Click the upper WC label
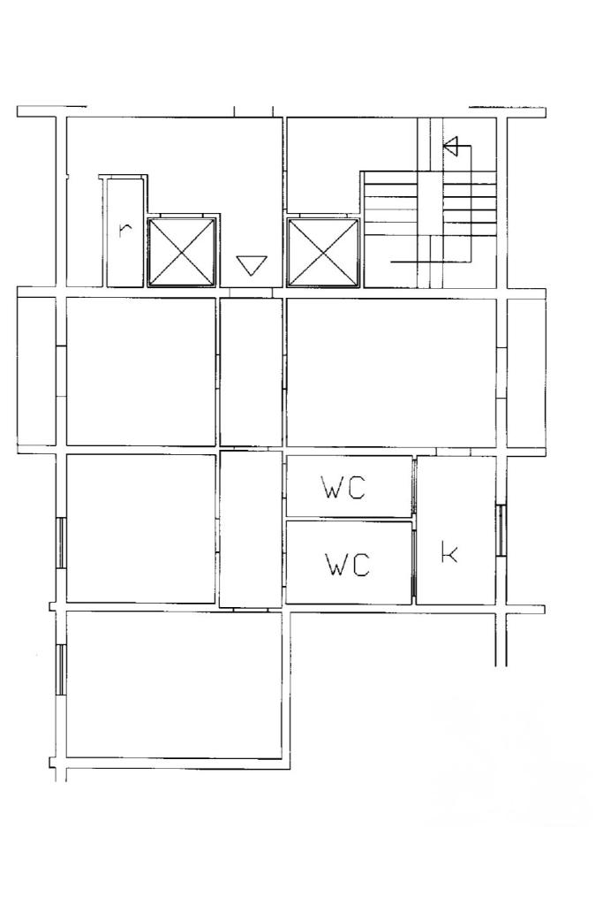[x=343, y=489]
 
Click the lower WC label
[x=347, y=564]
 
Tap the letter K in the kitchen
[x=449, y=551]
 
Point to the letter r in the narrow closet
[x=124, y=229]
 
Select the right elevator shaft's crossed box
[x=324, y=252]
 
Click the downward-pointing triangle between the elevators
[x=252, y=265]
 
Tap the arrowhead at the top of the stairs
[x=451, y=147]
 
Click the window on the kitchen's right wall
[x=501, y=530]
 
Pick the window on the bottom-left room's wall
[x=60, y=670]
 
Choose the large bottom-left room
[x=174, y=685]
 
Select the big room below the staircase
[x=391, y=372]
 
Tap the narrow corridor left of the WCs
[x=251, y=529]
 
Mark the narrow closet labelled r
[x=124, y=232]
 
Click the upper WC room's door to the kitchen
[x=413, y=485]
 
